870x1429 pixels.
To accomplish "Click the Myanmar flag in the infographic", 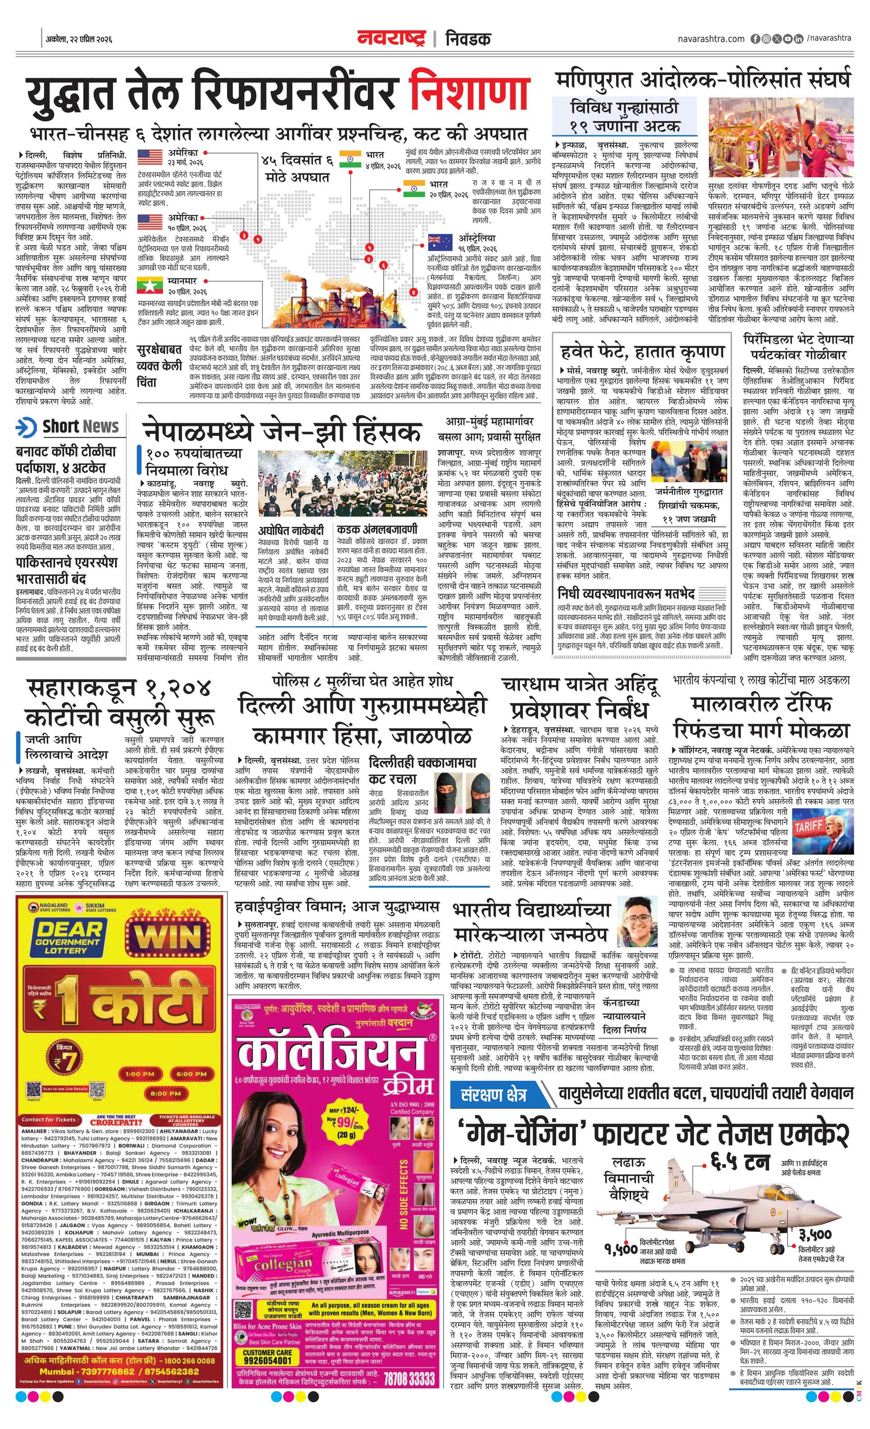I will coord(150,286).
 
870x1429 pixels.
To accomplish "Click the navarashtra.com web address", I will coord(711,39).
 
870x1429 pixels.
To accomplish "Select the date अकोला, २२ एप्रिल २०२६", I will coord(79,40).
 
